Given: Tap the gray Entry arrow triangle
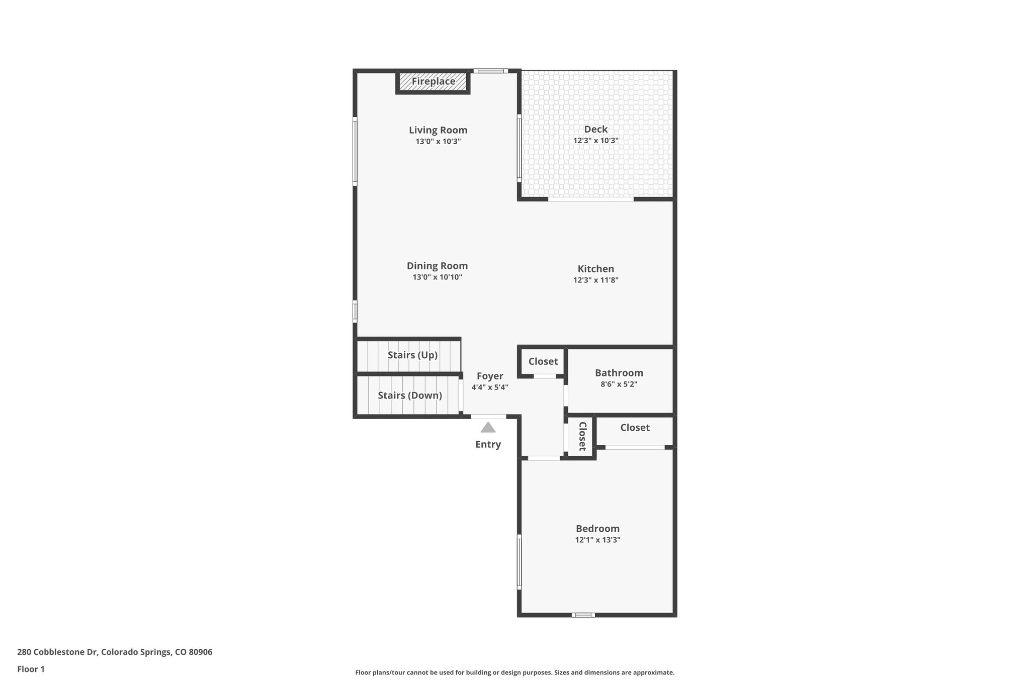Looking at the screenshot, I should click(488, 428).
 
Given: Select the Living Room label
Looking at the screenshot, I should click(438, 130).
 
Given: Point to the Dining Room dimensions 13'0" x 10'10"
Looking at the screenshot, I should click(437, 277).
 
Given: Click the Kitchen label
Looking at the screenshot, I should click(595, 269).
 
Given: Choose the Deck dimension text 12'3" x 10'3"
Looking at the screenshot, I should click(595, 141).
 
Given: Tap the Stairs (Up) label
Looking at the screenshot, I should click(412, 355).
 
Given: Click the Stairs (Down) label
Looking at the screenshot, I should click(410, 396).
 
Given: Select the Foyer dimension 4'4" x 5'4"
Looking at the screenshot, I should click(490, 387).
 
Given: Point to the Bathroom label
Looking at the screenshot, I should click(619, 373).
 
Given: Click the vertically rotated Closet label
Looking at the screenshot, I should click(582, 436).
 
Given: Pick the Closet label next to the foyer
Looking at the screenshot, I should click(543, 361).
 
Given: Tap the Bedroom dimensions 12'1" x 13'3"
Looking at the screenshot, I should click(597, 540).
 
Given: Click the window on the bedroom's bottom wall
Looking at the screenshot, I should click(583, 615).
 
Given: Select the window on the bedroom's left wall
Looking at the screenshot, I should click(520, 561).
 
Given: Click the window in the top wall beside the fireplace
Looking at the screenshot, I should click(490, 71).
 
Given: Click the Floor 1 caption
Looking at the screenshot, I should click(31, 669).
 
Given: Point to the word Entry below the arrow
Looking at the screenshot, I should click(488, 444).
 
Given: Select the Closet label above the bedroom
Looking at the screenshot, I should click(635, 428).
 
